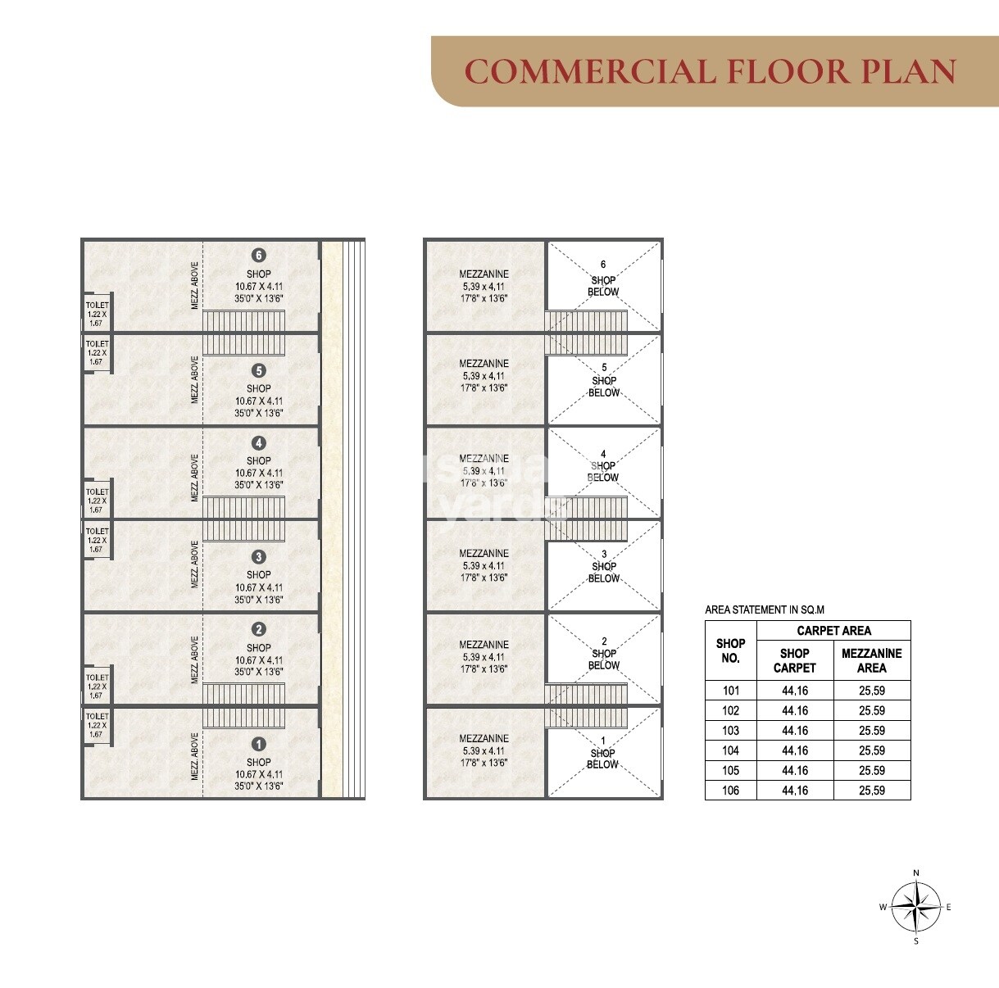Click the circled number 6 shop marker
click(x=259, y=256)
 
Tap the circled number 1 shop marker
click(x=259, y=745)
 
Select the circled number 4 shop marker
click(x=259, y=443)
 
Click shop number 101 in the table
click(x=730, y=691)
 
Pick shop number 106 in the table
click(x=730, y=791)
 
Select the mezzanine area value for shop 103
click(x=872, y=731)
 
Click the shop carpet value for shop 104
click(x=795, y=750)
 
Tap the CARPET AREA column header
click(x=833, y=631)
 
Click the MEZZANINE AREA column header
click(x=872, y=660)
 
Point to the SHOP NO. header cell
click(x=730, y=650)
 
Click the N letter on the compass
click(x=916, y=873)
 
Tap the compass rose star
click(x=916, y=907)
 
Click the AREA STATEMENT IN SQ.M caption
click(x=765, y=610)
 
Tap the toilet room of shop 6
click(x=97, y=313)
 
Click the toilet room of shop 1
click(x=97, y=725)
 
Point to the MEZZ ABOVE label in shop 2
click(x=195, y=660)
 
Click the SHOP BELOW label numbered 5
click(x=604, y=381)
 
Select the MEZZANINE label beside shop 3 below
click(x=484, y=554)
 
